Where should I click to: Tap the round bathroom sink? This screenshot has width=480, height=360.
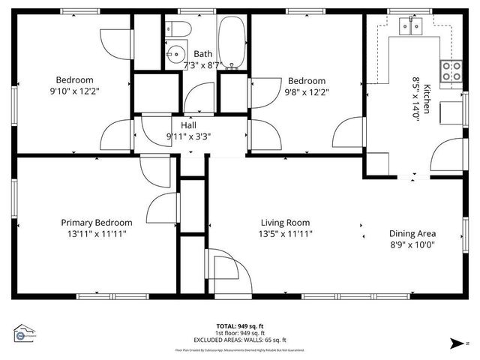pos(175,54)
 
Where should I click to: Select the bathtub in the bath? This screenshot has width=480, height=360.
pos(229,42)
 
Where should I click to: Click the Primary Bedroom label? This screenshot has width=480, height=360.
pos(97,223)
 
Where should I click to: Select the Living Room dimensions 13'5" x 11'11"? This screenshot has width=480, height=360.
pos(285,234)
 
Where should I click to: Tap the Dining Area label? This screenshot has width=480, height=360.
pos(412,233)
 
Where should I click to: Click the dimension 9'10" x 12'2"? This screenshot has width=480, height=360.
pos(74,91)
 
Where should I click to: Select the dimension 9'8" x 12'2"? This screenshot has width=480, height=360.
pos(307,91)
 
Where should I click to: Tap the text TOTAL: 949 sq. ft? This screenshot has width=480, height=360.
pos(240,326)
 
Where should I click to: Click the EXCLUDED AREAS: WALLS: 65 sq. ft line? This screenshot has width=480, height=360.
pos(240,340)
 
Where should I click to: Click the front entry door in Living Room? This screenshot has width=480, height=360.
pos(223,270)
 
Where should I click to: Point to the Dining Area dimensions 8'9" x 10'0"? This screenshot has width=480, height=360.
pos(412,244)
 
